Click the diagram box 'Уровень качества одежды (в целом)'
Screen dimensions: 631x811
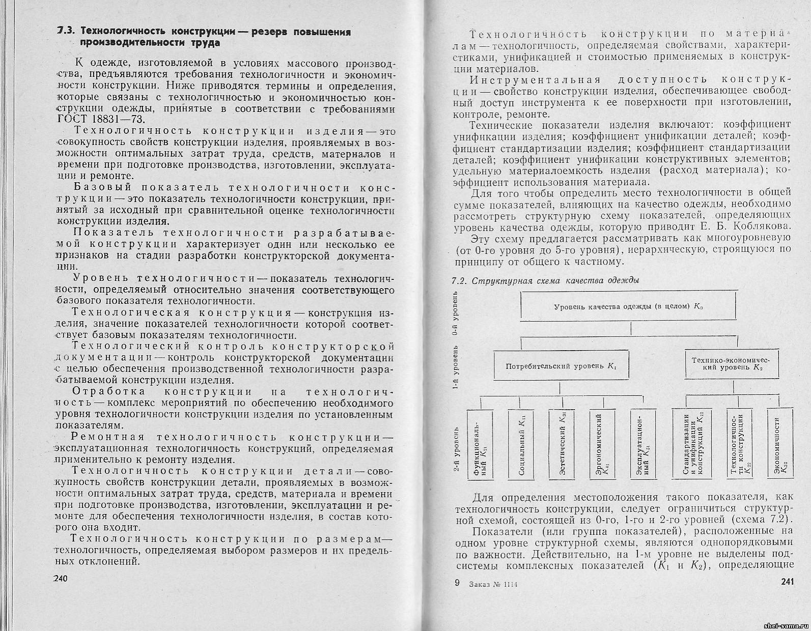tap(628, 306)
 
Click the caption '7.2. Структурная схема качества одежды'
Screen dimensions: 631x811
tap(545, 280)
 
